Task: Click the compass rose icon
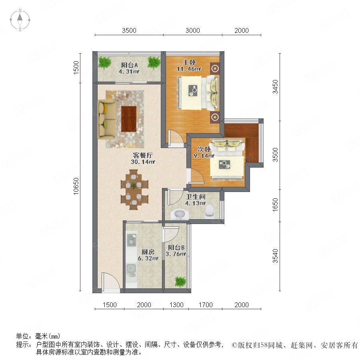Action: pyautogui.click(x=20, y=20)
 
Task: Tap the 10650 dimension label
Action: pyautogui.click(x=76, y=186)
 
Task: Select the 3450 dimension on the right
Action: pyautogui.click(x=275, y=86)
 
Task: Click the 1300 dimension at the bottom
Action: pyautogui.click(x=176, y=305)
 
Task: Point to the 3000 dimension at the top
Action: pyautogui.click(x=193, y=30)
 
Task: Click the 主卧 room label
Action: pyautogui.click(x=189, y=62)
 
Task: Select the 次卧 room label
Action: pyautogui.click(x=204, y=149)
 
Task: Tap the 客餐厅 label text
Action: pyautogui.click(x=143, y=156)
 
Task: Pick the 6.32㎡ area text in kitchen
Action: pyautogui.click(x=148, y=258)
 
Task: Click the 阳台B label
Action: pyautogui.click(x=176, y=248)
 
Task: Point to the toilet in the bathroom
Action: pyautogui.click(x=209, y=210)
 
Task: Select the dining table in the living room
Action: pyautogui.click(x=134, y=190)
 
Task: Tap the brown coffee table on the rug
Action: pyautogui.click(x=129, y=119)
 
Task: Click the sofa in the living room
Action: pyautogui.click(x=106, y=119)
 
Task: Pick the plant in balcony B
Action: pyautogui.click(x=180, y=282)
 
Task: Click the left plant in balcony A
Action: pyautogui.click(x=105, y=62)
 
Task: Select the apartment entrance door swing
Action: pyautogui.click(x=111, y=281)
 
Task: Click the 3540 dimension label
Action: pyautogui.click(x=275, y=256)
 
